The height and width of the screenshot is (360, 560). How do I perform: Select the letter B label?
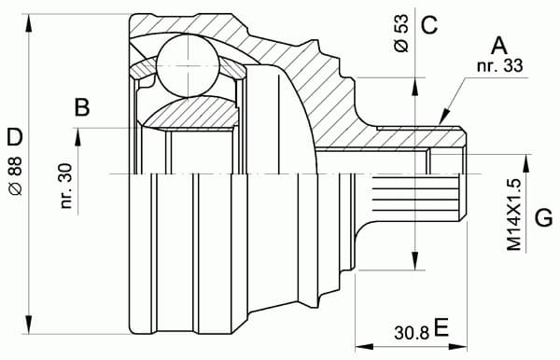(x=82, y=108)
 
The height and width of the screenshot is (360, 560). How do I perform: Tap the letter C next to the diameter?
(x=428, y=25)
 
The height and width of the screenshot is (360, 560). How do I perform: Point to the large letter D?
(x=14, y=139)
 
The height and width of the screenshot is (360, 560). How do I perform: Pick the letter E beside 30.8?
(x=441, y=326)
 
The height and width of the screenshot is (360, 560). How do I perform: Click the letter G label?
(x=543, y=219)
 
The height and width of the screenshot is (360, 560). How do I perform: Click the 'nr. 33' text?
(x=498, y=65)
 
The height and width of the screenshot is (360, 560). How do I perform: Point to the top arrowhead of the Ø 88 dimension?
(x=33, y=19)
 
